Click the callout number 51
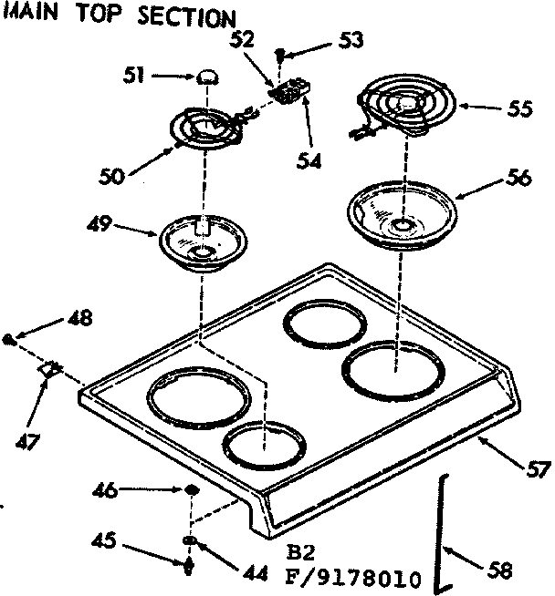pyautogui.click(x=132, y=77)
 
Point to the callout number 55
pyautogui.click(x=519, y=108)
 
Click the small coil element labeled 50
pyautogui.click(x=205, y=132)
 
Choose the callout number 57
pyautogui.click(x=539, y=469)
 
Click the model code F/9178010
pyautogui.click(x=353, y=578)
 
